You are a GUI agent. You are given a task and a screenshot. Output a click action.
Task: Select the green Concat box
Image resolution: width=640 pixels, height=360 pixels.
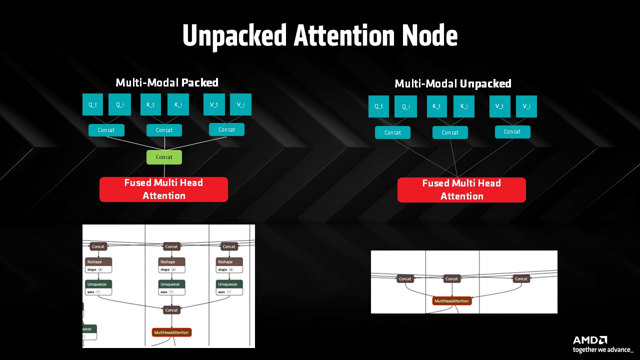click(164, 157)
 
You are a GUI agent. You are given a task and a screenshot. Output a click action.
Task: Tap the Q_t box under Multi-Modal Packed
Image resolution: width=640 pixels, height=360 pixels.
click(93, 104)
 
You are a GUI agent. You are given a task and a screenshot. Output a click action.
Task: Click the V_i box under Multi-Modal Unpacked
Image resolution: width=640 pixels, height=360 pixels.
click(526, 106)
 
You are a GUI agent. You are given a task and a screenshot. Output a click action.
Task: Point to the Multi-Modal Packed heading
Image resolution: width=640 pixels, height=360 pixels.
click(167, 82)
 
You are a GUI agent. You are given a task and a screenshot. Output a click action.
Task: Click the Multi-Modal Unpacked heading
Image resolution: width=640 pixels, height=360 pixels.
click(453, 83)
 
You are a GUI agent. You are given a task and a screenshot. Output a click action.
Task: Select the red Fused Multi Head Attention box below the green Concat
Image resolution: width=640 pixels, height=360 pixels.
click(163, 189)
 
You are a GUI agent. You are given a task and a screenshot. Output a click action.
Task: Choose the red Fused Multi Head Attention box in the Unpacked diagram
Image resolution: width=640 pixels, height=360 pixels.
click(461, 190)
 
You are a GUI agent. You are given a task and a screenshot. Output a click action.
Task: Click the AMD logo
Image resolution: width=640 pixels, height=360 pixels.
click(590, 340)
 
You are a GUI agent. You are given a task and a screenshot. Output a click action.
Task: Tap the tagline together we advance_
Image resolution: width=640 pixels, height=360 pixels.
click(603, 350)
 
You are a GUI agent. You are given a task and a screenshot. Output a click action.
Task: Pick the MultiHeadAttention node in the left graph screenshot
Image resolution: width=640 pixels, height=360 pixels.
click(171, 332)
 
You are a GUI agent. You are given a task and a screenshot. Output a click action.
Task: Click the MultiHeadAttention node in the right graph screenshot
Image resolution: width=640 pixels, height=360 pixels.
click(452, 301)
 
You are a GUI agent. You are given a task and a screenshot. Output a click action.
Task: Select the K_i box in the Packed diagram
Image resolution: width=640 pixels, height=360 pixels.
click(178, 104)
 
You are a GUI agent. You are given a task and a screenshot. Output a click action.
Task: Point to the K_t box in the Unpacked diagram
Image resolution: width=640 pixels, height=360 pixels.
click(437, 106)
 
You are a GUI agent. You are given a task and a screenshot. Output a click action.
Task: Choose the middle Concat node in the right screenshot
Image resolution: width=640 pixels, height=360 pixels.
click(452, 278)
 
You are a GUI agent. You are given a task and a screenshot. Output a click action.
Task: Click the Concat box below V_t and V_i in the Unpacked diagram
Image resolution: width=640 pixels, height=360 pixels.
click(512, 132)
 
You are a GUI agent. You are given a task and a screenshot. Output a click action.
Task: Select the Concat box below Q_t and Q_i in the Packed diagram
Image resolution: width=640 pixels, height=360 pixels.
click(106, 130)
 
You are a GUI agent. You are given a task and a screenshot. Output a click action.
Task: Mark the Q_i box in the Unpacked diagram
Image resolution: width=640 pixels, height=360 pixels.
click(405, 106)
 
